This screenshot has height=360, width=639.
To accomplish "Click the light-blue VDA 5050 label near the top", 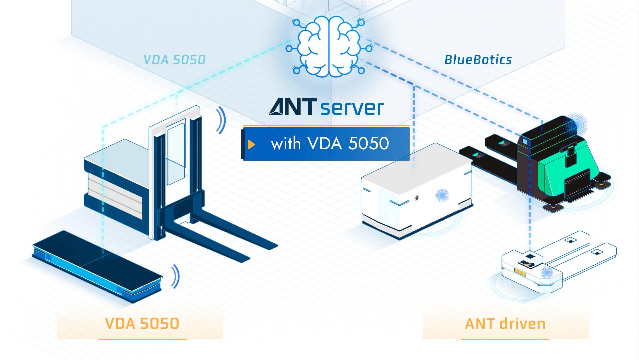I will click(x=174, y=60).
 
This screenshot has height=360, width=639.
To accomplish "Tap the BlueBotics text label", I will click(x=478, y=60).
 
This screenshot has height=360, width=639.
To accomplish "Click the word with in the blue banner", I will click(x=286, y=144).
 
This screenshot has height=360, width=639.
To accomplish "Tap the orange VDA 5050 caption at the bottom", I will click(x=142, y=323).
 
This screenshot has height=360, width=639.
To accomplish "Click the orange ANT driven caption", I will click(x=505, y=324).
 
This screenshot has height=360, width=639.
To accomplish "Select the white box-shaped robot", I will click(x=417, y=190).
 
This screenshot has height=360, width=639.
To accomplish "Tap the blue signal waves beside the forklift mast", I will click(x=221, y=120).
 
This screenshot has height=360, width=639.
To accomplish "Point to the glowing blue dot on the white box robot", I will click(x=442, y=195).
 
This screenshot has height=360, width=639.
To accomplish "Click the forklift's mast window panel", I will click(x=176, y=153).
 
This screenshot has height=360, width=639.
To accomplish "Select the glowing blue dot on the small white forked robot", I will click(x=547, y=273).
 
